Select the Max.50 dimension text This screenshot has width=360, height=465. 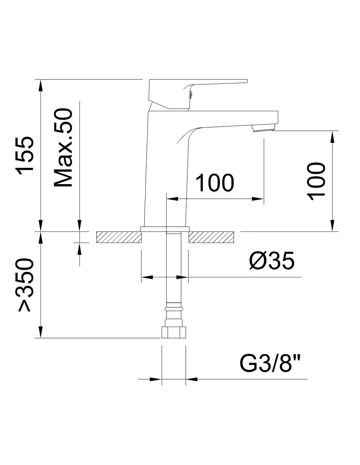(x=63, y=148)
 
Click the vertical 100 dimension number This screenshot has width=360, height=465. (x=316, y=181)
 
